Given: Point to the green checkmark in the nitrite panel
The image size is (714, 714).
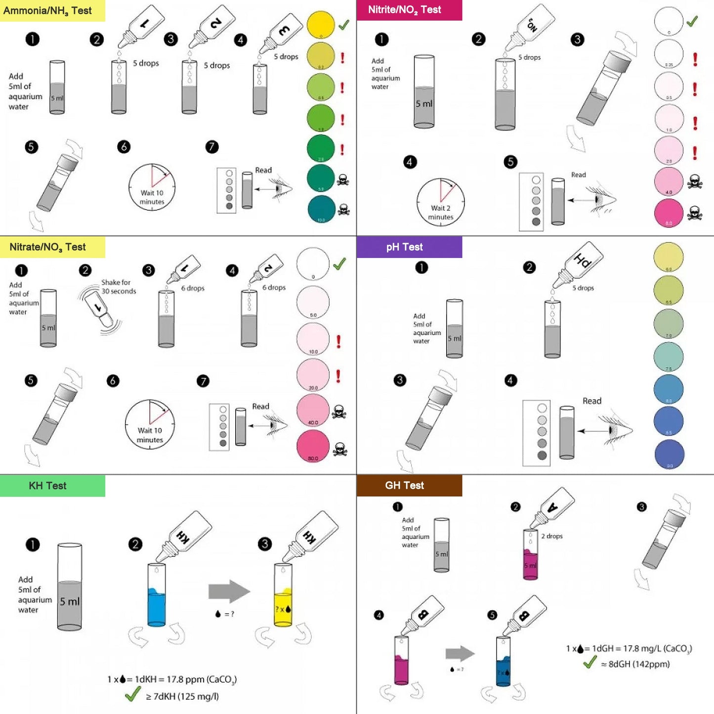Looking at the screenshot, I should click(692, 21).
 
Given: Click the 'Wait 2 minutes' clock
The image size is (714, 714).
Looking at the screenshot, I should click(440, 202).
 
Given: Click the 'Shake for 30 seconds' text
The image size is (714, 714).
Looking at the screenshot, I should click(119, 287).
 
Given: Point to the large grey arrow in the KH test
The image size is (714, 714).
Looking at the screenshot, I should click(229, 591).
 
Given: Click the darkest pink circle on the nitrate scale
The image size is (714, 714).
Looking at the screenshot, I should click(313, 446).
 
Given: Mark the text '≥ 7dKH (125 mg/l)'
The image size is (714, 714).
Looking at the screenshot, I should click(182, 696).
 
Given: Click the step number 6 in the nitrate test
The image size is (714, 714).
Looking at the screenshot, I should click(113, 380).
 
